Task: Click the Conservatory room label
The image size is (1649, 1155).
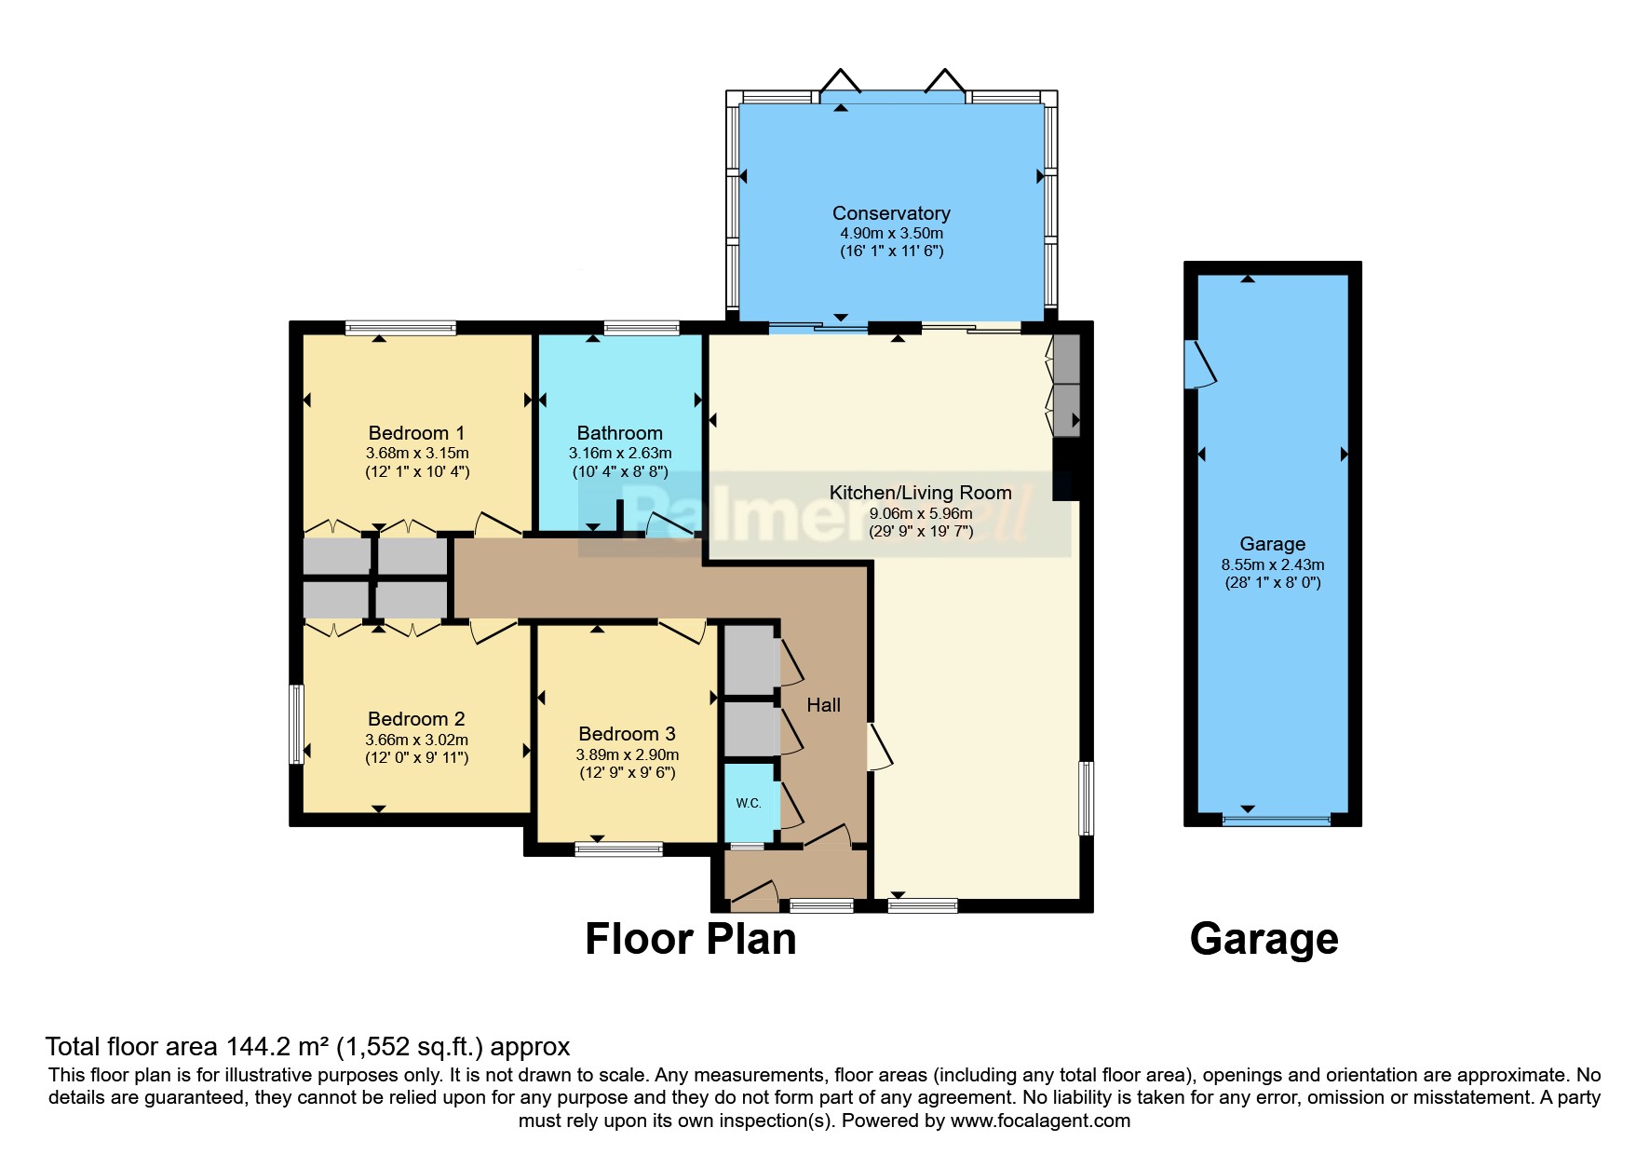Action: click(x=891, y=213)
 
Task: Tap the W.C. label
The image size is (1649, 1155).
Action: click(x=749, y=803)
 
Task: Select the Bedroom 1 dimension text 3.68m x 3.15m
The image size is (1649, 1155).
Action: click(x=416, y=454)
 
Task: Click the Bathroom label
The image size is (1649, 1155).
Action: click(x=619, y=433)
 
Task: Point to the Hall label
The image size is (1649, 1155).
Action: click(x=823, y=705)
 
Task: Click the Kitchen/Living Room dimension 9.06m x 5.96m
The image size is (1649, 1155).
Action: click(x=920, y=513)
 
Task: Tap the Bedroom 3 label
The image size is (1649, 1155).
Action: click(x=627, y=734)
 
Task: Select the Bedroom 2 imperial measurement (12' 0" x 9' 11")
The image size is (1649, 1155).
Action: click(x=416, y=758)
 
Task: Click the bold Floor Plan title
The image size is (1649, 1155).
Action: click(x=690, y=939)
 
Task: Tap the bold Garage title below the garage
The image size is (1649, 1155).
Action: click(x=1264, y=939)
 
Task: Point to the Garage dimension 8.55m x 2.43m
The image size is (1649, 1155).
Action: click(x=1272, y=564)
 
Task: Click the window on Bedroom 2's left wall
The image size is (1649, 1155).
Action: click(x=296, y=724)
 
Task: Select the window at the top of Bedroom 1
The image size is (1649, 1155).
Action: click(x=400, y=328)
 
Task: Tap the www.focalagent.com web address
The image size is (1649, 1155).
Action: click(x=1040, y=1121)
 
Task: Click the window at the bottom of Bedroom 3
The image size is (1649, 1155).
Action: click(x=618, y=849)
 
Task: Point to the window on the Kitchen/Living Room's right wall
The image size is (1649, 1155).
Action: click(x=1086, y=798)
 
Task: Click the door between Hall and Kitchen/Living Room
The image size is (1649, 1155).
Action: click(x=878, y=748)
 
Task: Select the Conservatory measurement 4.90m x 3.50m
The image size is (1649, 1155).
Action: click(x=891, y=234)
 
